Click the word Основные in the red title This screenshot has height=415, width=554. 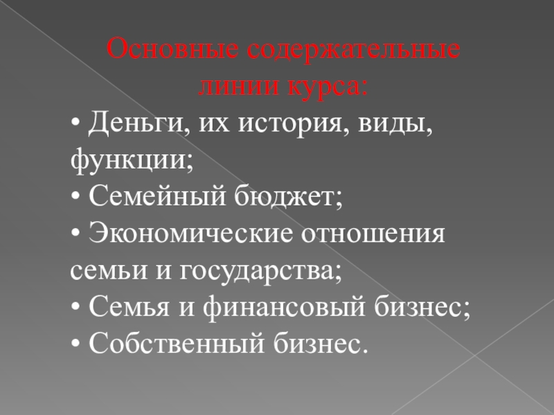point(172,48)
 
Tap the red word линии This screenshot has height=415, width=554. point(238,86)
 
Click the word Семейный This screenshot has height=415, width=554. point(157,195)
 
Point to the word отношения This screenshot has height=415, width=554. point(373,234)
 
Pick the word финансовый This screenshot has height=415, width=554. point(284,306)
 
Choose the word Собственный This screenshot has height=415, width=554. point(177,343)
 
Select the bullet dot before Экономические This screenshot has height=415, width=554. point(75,234)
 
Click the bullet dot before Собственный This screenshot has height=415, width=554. point(75,344)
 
